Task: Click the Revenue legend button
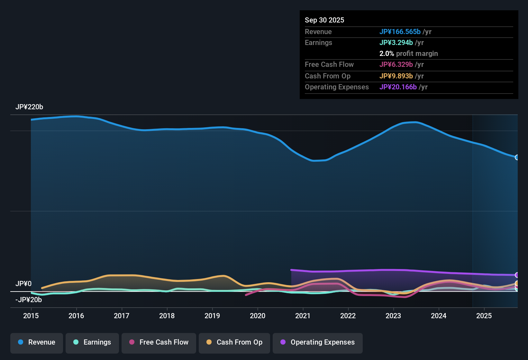pyautogui.click(x=37, y=342)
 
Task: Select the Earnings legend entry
pyautogui.click(x=92, y=342)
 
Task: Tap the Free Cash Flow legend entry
pyautogui.click(x=159, y=342)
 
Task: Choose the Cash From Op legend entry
pyautogui.click(x=234, y=342)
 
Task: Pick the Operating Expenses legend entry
pyautogui.click(x=318, y=342)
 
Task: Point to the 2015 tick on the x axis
pyautogui.click(x=31, y=316)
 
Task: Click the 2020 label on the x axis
pyautogui.click(x=258, y=316)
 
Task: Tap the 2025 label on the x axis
pyautogui.click(x=484, y=316)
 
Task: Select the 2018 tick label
pyautogui.click(x=167, y=316)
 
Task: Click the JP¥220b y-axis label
pyautogui.click(x=29, y=107)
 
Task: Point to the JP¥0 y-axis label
pyautogui.click(x=23, y=284)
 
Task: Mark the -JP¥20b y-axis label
pyautogui.click(x=29, y=300)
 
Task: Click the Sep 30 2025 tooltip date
pyautogui.click(x=324, y=20)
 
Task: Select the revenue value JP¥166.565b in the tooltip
pyautogui.click(x=400, y=32)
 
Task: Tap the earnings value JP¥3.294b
pyautogui.click(x=396, y=43)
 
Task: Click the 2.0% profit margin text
pyautogui.click(x=408, y=54)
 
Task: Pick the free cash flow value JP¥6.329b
pyautogui.click(x=396, y=65)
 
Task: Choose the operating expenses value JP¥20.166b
pyautogui.click(x=398, y=87)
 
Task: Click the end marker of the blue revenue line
pyautogui.click(x=517, y=157)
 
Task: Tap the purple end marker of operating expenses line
pyautogui.click(x=517, y=275)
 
